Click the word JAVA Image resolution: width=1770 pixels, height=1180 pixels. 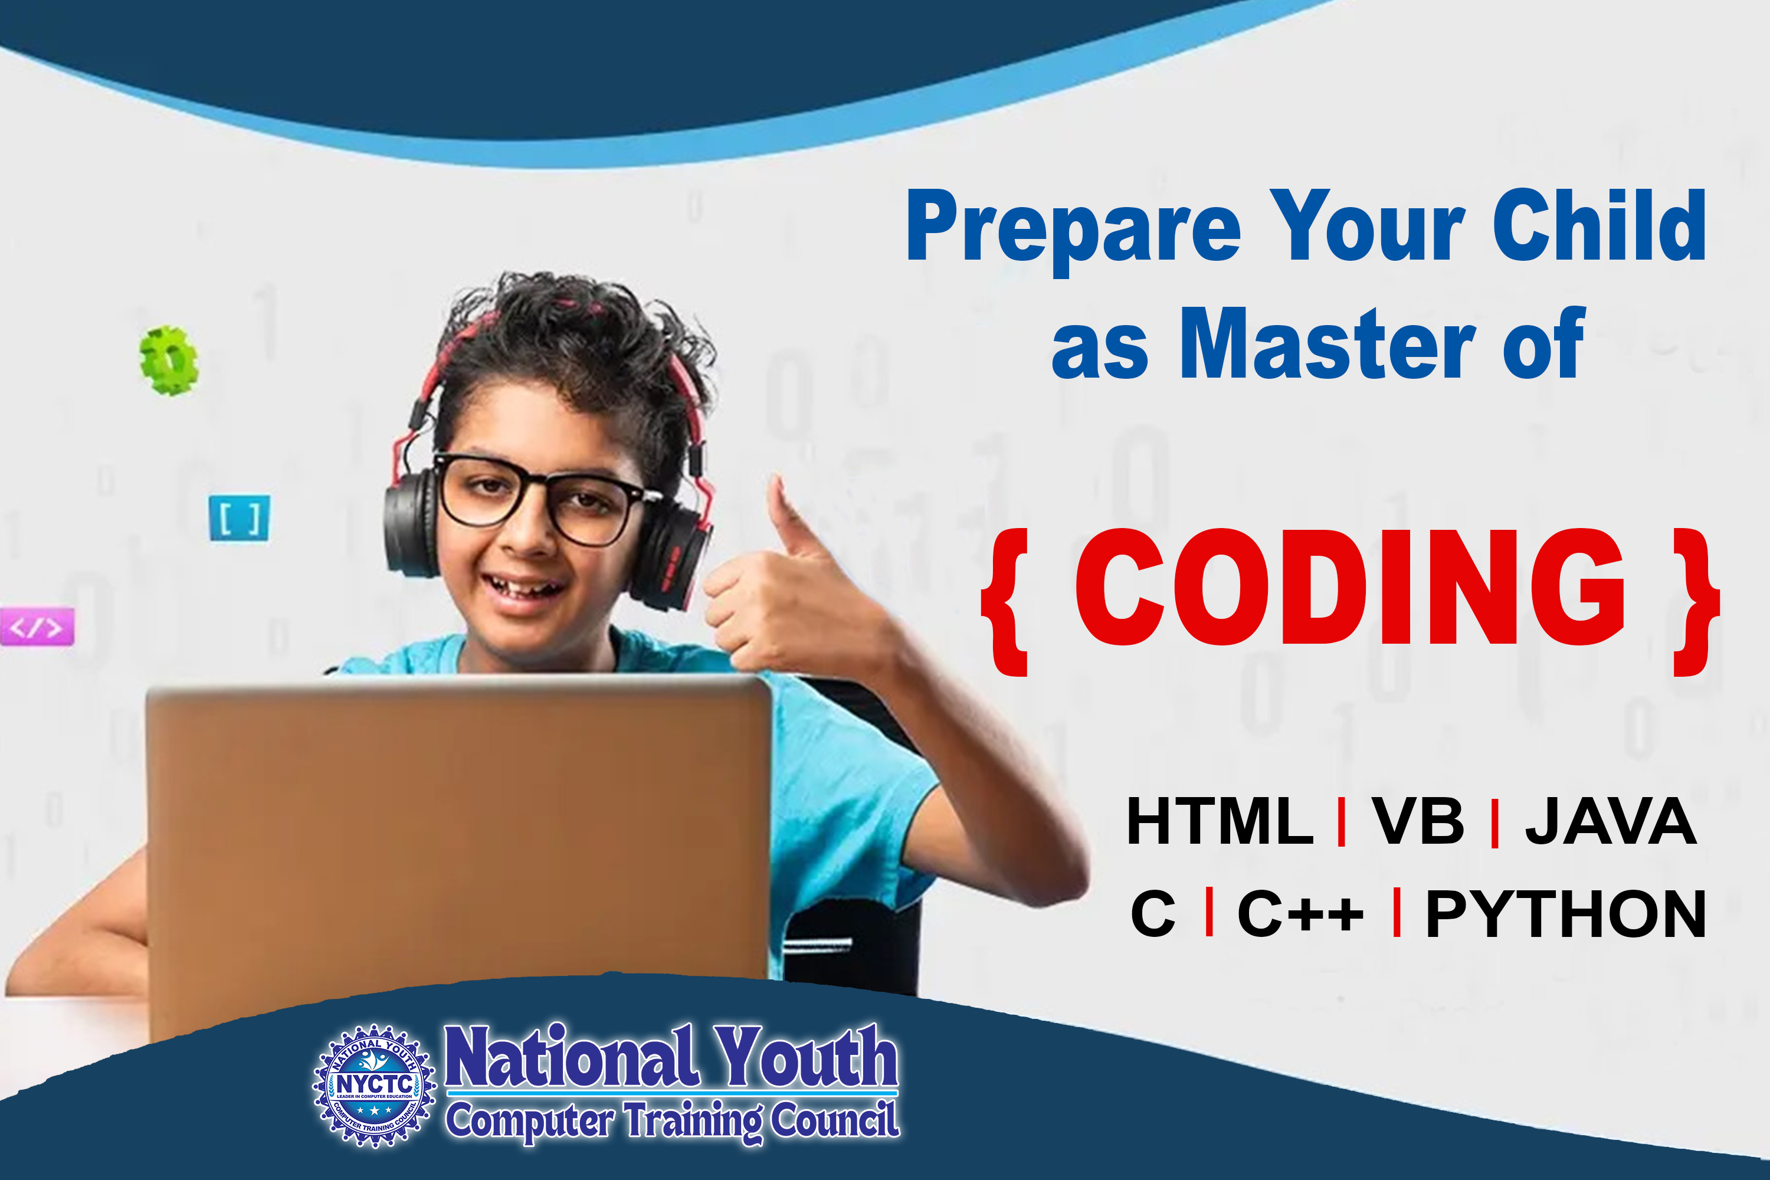(x=1611, y=821)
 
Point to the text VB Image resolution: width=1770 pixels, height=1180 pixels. (x=1418, y=821)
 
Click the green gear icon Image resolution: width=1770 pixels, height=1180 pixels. (x=169, y=360)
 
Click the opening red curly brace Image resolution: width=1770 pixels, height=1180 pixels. (x=1006, y=602)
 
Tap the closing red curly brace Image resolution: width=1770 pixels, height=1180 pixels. (x=1696, y=602)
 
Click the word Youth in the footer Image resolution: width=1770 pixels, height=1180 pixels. (x=805, y=1056)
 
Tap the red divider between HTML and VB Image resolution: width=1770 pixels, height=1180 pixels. (x=1341, y=822)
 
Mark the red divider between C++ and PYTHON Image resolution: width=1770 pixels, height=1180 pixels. (x=1397, y=912)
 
